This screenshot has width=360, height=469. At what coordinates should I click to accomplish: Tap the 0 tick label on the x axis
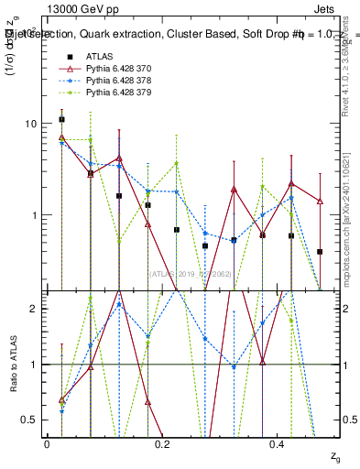tap(47, 444)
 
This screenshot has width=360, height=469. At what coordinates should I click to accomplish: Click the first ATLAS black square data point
tap(61, 119)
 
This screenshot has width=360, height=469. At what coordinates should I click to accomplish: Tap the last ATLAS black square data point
tap(320, 251)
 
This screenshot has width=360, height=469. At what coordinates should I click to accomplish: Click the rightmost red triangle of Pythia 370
tap(320, 201)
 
